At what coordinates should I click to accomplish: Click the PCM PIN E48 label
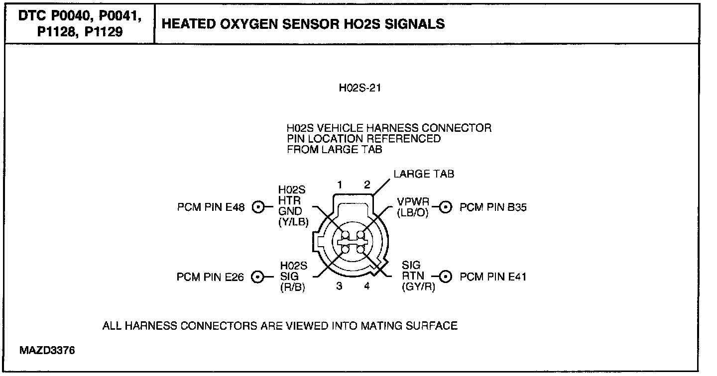coord(211,207)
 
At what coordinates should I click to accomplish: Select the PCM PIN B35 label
coord(493,207)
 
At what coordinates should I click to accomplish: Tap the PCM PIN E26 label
coord(210,277)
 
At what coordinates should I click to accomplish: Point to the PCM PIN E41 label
coord(493,277)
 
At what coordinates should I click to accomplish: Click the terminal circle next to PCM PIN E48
coord(258,207)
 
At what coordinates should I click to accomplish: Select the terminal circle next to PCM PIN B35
coord(445,207)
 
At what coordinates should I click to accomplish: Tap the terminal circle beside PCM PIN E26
coord(258,277)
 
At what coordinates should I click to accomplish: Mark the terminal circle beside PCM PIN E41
coord(445,277)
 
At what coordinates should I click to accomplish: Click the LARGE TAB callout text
coord(424,174)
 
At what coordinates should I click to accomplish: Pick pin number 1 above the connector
coord(340,185)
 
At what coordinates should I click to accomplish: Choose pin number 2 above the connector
coord(367,185)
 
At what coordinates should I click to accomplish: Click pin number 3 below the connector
coord(339,286)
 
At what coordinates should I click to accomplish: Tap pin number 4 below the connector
coord(367,286)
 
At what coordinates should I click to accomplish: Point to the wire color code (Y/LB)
coord(294,222)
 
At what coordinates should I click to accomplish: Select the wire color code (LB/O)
coord(413,213)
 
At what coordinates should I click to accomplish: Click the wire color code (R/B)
coord(293,287)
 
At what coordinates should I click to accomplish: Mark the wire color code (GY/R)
coord(418,287)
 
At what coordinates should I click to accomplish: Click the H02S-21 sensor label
coord(360,88)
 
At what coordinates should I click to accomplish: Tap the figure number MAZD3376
coord(47,351)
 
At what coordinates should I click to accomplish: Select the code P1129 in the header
coord(104,32)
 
